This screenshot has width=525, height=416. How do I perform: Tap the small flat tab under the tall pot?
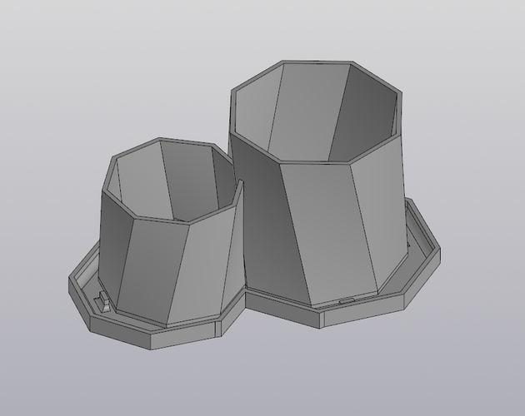click(x=345, y=300)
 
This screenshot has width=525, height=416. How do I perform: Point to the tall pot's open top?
click(x=317, y=112)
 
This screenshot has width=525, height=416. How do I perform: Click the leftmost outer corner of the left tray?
click(x=68, y=284)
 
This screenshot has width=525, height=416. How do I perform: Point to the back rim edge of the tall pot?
click(x=317, y=62)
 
